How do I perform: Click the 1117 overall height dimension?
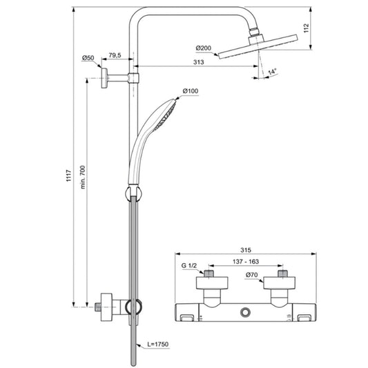pos(68,175)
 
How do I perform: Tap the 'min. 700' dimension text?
pos(83,177)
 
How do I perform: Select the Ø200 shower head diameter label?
pos(204,48)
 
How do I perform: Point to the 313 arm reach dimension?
pos(199,62)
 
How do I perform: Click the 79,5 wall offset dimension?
pos(115,55)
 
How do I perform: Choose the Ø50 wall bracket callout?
pos(88,58)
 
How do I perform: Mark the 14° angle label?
pos(272,71)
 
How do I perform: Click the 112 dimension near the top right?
pos(307,28)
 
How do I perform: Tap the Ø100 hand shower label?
pos(191,91)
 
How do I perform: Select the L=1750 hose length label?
pos(158,345)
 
